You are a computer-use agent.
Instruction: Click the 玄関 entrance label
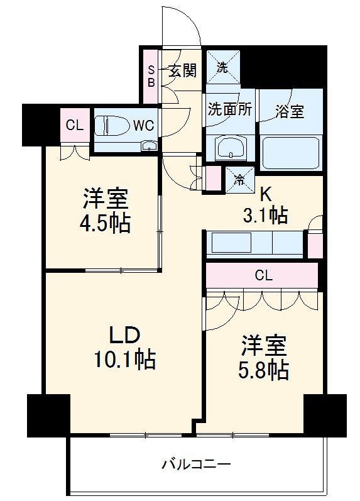pyautogui.click(x=182, y=70)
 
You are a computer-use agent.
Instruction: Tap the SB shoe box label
pyautogui.click(x=151, y=75)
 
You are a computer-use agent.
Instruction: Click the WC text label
pyautogui.click(x=143, y=124)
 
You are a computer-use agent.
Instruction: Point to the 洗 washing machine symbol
pyautogui.click(x=222, y=68)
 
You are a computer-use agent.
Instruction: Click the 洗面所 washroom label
pyautogui.click(x=230, y=109)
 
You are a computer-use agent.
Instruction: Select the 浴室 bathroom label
pyautogui.click(x=290, y=111)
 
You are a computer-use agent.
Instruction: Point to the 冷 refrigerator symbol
pyautogui.click(x=239, y=179)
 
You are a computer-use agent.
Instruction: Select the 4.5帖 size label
pyautogui.click(x=106, y=223)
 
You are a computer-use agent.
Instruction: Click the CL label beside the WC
pyautogui.click(x=74, y=125)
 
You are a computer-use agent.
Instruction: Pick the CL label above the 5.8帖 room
pyautogui.click(x=264, y=274)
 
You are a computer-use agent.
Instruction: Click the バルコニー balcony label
pyautogui.click(x=196, y=465)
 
